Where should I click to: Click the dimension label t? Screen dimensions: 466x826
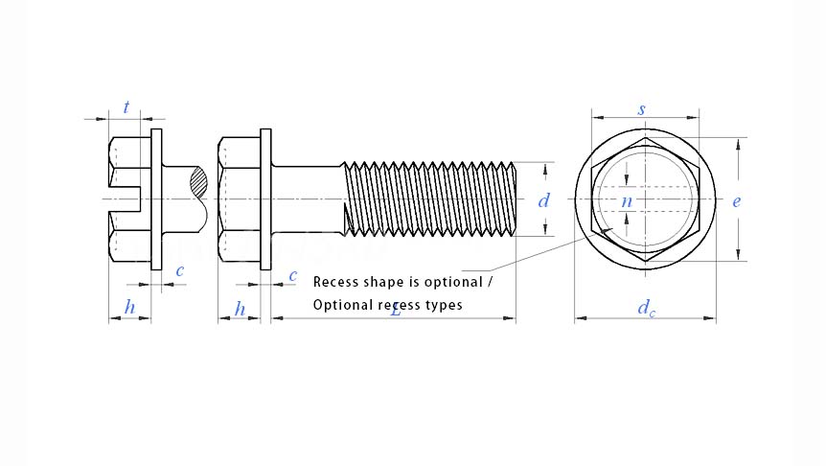tap(126, 107)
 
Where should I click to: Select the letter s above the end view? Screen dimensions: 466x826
tap(641, 109)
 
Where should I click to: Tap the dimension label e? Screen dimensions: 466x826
tap(736, 201)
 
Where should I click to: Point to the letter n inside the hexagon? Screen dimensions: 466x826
tap(627, 201)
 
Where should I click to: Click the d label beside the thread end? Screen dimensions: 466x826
tap(543, 200)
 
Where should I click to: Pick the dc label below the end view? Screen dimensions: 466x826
tap(646, 309)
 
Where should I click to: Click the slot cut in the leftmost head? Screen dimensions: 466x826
tap(125, 199)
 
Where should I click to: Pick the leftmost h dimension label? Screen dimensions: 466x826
tap(129, 309)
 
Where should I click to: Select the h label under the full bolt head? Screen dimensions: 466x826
tap(240, 309)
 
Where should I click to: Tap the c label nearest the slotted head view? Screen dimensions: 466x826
tap(179, 271)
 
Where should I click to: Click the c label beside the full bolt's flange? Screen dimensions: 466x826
tap(292, 275)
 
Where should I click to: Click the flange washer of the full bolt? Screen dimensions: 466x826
tap(265, 199)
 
